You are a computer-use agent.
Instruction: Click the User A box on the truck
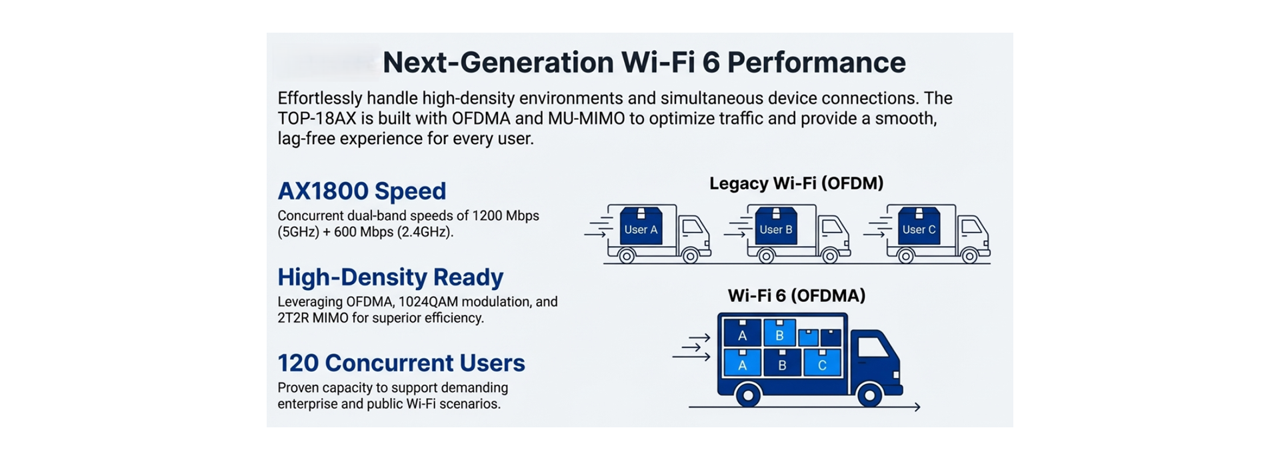click(x=641, y=227)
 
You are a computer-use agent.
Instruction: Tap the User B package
click(x=776, y=227)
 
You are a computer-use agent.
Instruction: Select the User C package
click(x=919, y=227)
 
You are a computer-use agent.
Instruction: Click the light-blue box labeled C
click(x=822, y=363)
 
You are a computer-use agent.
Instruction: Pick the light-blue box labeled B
click(x=779, y=333)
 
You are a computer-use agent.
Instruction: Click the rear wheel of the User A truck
click(x=627, y=255)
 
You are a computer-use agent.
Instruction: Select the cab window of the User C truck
click(x=971, y=227)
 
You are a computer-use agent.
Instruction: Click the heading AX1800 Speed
click(x=361, y=191)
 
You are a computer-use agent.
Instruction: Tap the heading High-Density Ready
click(x=390, y=277)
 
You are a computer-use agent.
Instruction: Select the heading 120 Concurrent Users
click(x=401, y=363)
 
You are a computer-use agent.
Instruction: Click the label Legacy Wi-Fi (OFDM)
click(x=796, y=183)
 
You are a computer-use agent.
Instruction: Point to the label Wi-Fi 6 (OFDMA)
click(x=796, y=295)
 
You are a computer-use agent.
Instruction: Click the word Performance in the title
click(x=816, y=63)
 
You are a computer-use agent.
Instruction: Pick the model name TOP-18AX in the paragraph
click(x=317, y=119)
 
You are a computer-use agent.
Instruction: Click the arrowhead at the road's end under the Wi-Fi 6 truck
click(x=917, y=407)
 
